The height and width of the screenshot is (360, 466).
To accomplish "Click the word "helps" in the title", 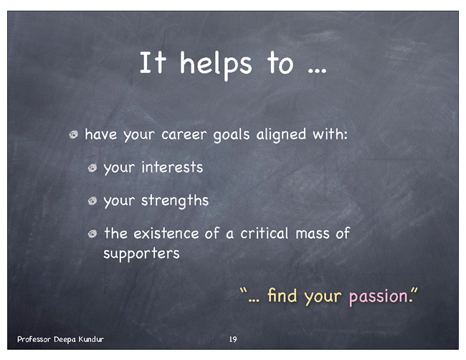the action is [216, 65].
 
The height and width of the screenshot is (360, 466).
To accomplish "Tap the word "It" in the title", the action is [153, 62].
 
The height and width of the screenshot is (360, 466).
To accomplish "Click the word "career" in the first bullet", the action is [184, 135].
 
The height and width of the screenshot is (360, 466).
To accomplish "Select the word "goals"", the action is [232, 135].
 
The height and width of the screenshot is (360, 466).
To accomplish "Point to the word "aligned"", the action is [281, 135].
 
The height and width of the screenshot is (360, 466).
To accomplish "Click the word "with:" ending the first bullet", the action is [330, 134].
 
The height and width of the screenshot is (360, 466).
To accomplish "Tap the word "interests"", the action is [172, 167].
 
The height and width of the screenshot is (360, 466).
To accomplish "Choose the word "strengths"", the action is [175, 201].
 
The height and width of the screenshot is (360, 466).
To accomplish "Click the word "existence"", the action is [166, 233].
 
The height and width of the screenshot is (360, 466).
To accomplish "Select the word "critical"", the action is [265, 233].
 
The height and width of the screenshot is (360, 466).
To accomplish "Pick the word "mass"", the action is [313, 235].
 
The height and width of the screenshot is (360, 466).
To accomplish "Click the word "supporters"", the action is [141, 254].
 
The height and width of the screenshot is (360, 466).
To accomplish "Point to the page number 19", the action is [233, 339].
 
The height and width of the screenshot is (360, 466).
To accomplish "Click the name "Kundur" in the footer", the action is [91, 339].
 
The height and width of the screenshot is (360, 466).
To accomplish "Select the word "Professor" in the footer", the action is [34, 339].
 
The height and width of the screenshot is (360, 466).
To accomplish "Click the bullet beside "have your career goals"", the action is [74, 135].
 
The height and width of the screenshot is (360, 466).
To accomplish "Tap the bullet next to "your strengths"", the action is [92, 202].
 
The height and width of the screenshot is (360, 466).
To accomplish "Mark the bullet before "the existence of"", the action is [92, 234].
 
